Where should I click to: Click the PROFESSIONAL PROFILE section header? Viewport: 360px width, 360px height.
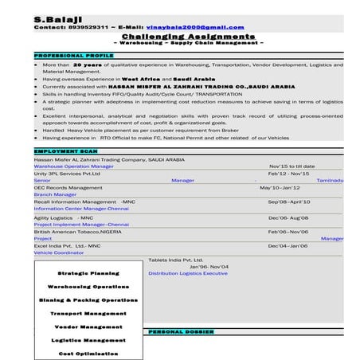click(x=70, y=56)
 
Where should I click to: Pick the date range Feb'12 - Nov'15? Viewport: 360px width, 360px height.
click(x=288, y=173)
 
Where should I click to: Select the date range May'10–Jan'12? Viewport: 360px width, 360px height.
click(x=280, y=187)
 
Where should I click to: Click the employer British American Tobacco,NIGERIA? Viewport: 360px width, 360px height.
click(x=82, y=231)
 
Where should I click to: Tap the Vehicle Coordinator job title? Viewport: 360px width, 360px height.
click(x=59, y=252)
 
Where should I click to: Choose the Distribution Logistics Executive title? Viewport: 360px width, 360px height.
click(x=188, y=273)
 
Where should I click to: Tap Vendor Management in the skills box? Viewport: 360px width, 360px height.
click(x=88, y=327)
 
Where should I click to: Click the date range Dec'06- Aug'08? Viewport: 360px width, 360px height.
click(x=288, y=217)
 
